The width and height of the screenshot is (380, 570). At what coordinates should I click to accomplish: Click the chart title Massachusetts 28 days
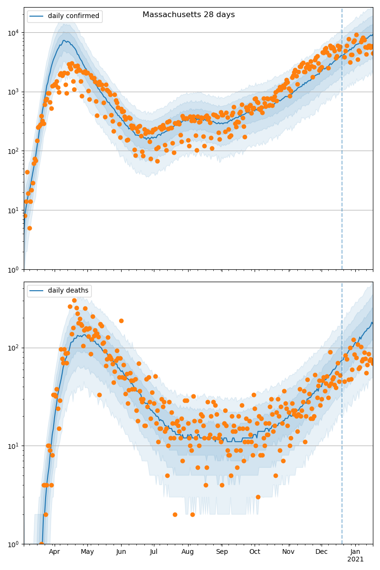point(189,15)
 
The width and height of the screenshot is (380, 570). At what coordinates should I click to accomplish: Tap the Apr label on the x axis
point(54,551)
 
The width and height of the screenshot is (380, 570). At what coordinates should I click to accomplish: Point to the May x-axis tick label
point(87,551)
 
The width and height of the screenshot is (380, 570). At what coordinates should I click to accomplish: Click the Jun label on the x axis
point(121,551)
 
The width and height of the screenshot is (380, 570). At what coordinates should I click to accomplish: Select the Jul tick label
point(154,551)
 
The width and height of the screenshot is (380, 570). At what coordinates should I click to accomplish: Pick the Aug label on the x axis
point(188,551)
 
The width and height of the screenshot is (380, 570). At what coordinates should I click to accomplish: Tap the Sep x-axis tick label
point(222,551)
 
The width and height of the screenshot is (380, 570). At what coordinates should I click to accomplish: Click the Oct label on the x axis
point(255,551)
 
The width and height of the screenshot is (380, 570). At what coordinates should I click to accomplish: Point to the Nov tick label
point(288,551)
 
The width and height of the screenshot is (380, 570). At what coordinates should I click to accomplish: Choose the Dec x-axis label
point(322,551)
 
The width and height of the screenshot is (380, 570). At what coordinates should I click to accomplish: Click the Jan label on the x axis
point(355,551)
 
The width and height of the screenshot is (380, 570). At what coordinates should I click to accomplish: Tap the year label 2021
point(355,559)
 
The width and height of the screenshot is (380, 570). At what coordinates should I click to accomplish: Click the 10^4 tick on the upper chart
point(12,32)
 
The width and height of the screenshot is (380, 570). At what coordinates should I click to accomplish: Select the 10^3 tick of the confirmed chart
point(12,92)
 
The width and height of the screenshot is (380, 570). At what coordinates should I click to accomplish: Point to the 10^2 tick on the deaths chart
point(12,348)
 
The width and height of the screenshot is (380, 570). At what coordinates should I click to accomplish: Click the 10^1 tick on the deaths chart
point(12,446)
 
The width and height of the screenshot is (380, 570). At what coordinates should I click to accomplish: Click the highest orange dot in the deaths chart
point(74,300)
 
